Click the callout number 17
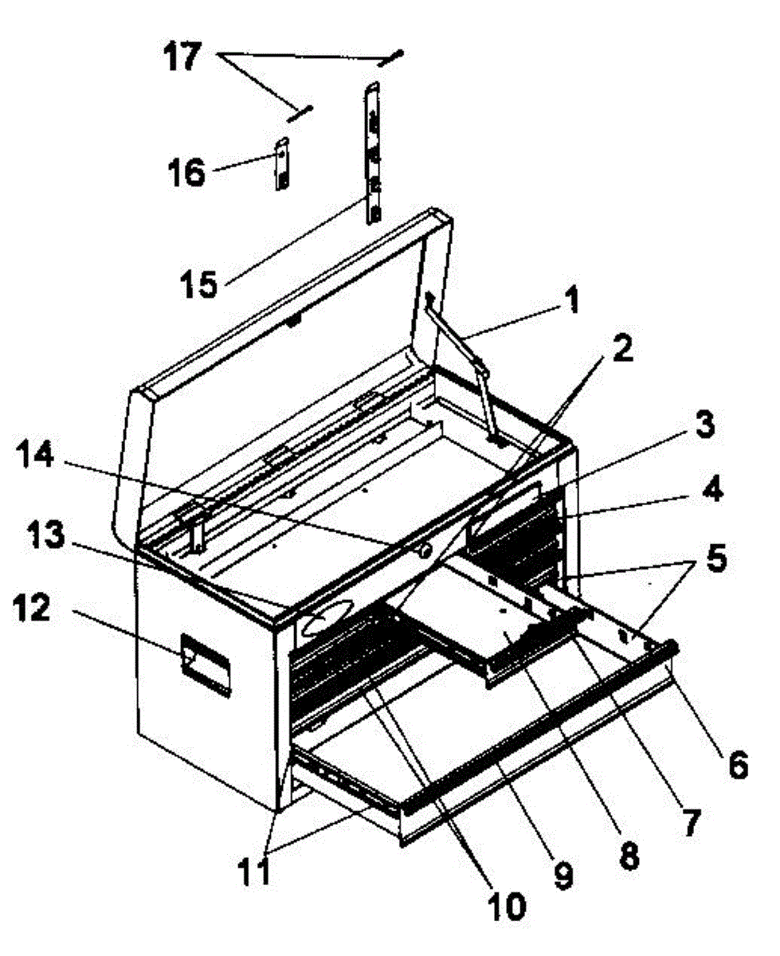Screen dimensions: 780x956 point(182,57)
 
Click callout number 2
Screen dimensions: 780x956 point(623,349)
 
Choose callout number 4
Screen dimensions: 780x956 point(713,489)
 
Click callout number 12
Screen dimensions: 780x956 point(31,608)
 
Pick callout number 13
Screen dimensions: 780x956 point(45,535)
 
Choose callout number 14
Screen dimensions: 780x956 point(35,454)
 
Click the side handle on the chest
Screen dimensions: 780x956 point(206,665)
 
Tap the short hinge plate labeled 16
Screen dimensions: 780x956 point(282,163)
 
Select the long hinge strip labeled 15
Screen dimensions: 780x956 point(373,153)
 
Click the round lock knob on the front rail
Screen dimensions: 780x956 point(425,550)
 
